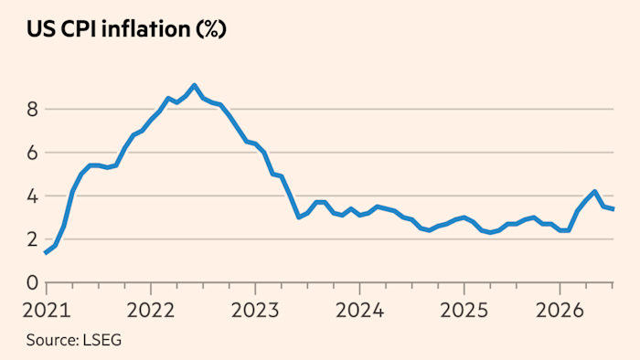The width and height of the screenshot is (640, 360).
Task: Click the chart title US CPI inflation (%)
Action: tap(126, 29)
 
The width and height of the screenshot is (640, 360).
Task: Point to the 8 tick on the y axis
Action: tap(32, 110)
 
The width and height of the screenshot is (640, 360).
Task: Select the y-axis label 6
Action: tap(32, 153)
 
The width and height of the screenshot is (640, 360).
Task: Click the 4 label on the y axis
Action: tap(32, 196)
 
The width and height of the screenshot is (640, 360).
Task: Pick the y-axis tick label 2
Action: tap(32, 239)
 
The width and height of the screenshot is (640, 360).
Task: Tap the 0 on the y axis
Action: tap(32, 282)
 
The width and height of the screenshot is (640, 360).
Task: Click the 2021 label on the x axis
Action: tap(47, 311)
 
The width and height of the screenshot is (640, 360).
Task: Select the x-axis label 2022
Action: tap(151, 311)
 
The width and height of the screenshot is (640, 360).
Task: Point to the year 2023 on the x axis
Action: tap(255, 311)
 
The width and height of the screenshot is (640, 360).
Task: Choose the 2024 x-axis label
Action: tap(360, 311)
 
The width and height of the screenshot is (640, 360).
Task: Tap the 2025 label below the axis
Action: tap(464, 311)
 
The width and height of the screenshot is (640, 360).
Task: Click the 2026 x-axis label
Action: tap(560, 311)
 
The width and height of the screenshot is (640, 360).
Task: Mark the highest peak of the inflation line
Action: tap(195, 86)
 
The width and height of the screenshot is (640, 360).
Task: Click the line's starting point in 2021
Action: tap(46, 253)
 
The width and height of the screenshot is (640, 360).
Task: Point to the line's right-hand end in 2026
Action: tap(613, 209)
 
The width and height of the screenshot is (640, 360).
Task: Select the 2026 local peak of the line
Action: tap(594, 192)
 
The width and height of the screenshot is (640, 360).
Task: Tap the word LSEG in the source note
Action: tap(102, 340)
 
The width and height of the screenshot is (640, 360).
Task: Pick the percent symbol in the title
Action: tap(211, 29)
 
